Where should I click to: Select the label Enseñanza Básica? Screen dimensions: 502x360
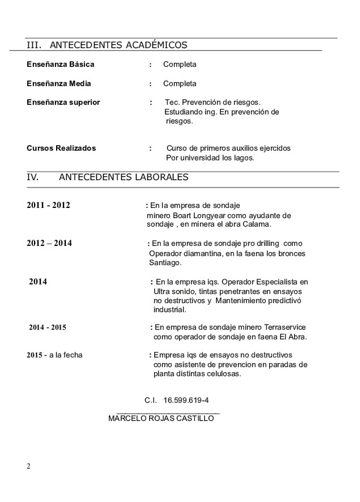(61, 65)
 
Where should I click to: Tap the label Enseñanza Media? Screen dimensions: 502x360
(59, 84)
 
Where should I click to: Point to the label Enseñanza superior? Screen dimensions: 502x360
(63, 103)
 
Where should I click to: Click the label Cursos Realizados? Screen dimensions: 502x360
(61, 148)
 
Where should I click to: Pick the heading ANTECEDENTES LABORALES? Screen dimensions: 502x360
(124, 177)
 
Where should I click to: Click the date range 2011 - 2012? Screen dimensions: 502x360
(48, 205)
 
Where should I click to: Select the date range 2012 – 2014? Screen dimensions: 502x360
(49, 244)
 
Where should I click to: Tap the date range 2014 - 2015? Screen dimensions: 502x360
(48, 327)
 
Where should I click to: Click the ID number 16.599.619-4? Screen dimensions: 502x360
(186, 400)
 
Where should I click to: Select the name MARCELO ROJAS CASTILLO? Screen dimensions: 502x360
(161, 419)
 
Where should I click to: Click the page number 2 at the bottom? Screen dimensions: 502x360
(28, 466)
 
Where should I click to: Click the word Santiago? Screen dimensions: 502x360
(164, 263)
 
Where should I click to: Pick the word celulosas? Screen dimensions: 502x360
(223, 375)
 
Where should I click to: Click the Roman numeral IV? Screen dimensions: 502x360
(32, 177)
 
